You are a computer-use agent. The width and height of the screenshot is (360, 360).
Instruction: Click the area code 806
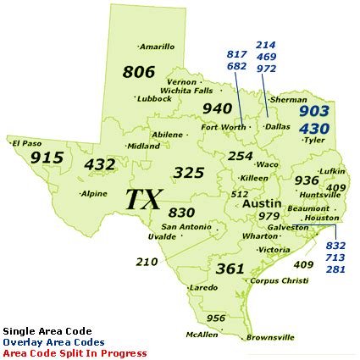click(x=139, y=72)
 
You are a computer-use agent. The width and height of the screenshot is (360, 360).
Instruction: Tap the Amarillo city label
click(x=158, y=47)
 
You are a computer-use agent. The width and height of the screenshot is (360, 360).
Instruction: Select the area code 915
click(x=47, y=158)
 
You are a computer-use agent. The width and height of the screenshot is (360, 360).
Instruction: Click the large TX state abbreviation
click(x=144, y=200)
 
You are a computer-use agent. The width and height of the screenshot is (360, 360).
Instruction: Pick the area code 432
click(x=100, y=164)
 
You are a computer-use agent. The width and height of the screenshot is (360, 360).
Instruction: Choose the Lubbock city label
click(x=153, y=98)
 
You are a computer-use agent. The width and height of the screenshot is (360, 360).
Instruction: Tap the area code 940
click(x=217, y=108)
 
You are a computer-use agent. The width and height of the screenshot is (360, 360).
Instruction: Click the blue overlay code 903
click(x=314, y=110)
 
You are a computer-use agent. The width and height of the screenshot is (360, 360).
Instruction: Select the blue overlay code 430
click(x=314, y=128)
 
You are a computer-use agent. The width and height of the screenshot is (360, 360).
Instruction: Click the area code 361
click(x=230, y=269)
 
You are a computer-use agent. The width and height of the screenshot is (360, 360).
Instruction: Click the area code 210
click(x=147, y=262)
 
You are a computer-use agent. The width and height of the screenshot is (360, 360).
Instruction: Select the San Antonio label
click(x=186, y=226)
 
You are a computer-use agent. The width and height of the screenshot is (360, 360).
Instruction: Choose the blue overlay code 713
click(x=335, y=257)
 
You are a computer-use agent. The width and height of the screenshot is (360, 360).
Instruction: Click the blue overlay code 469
click(x=266, y=56)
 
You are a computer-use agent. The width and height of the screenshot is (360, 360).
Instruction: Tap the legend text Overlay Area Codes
click(x=53, y=342)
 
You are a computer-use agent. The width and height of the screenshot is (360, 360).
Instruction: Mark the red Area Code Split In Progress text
click(x=75, y=353)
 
